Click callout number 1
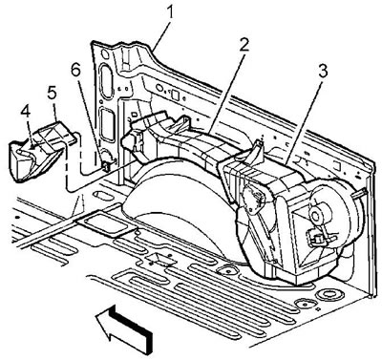[171, 12]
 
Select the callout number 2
[244, 47]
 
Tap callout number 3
[322, 72]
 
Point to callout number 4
[25, 112]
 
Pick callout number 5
[52, 93]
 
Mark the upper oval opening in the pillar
[106, 80]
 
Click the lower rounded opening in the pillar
[107, 125]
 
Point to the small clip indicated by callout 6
[106, 166]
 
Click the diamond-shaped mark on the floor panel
[161, 261]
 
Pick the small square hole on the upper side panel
[175, 95]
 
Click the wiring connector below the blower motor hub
[315, 238]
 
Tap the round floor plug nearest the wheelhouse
[226, 270]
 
